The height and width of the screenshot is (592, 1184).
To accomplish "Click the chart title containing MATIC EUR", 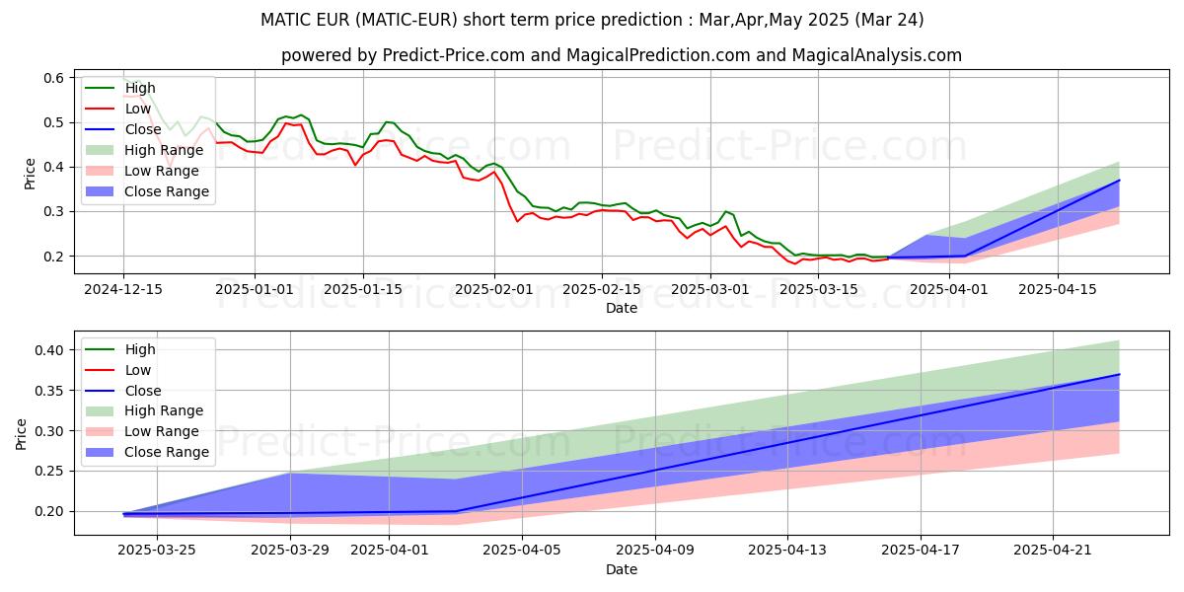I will [592, 19].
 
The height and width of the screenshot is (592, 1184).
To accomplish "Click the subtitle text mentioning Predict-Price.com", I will [622, 55].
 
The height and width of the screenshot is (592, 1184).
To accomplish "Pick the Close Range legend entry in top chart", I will [166, 191].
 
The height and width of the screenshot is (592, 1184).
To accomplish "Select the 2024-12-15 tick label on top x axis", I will [123, 290].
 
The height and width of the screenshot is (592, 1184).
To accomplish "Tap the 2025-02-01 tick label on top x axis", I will [494, 290].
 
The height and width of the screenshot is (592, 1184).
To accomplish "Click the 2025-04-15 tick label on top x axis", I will [1058, 290].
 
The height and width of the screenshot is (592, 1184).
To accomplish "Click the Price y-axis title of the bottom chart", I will [22, 432].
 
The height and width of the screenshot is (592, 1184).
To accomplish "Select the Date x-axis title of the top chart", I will [622, 308].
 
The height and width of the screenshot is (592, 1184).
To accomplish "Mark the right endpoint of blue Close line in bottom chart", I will [1119, 374].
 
